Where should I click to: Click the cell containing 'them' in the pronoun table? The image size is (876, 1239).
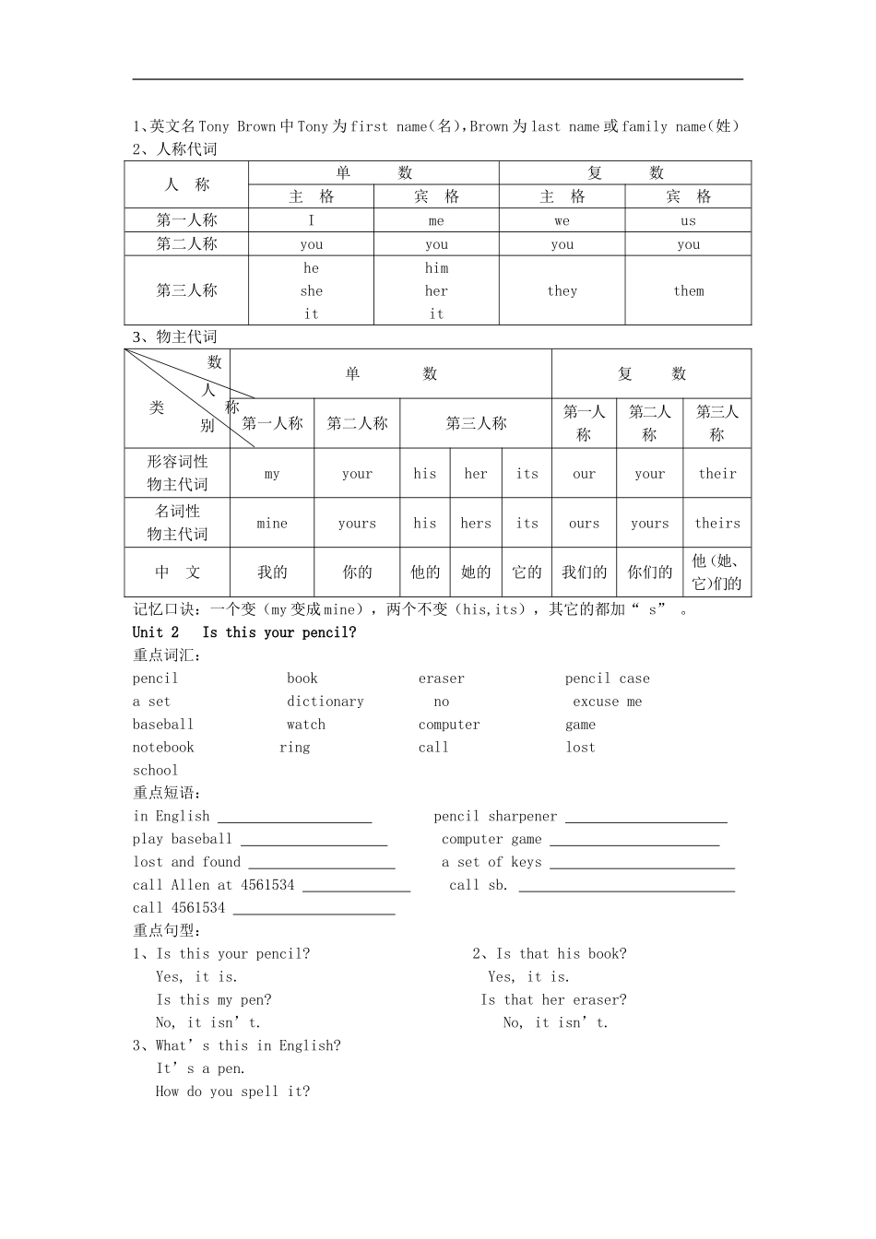tap(688, 290)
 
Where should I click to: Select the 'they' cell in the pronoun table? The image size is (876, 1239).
tap(562, 290)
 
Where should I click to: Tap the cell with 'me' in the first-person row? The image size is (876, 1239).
tap(436, 220)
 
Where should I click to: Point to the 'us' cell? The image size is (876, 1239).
tap(688, 220)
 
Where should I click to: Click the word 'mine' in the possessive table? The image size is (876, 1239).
tap(272, 523)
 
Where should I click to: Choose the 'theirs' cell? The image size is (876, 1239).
tap(716, 523)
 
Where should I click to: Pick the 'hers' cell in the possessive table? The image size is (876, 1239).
tap(476, 523)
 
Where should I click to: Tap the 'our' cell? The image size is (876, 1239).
tap(584, 474)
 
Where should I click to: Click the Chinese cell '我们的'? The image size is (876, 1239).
tap(584, 572)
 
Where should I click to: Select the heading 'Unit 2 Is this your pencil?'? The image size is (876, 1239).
tap(244, 632)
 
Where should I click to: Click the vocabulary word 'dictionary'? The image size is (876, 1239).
tap(325, 702)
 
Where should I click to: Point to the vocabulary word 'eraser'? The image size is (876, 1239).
tap(442, 678)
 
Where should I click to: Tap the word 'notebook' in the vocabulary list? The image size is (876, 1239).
tap(163, 748)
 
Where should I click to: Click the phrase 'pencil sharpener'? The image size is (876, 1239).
tap(495, 817)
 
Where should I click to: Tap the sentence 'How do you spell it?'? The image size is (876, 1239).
tap(232, 1091)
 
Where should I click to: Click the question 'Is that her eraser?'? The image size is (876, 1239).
tap(553, 1000)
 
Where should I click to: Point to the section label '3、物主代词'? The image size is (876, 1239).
tap(175, 337)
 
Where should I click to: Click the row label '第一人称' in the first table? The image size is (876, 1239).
tap(186, 220)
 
